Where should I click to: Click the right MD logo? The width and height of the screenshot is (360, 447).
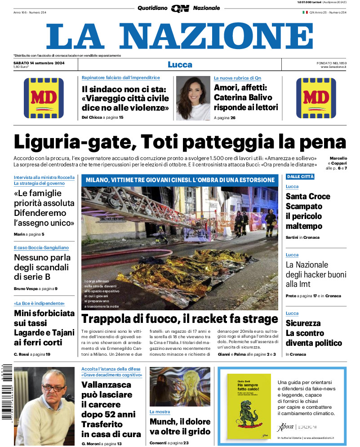click(x=316, y=98)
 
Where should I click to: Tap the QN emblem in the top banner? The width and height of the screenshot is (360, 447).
click(x=180, y=8)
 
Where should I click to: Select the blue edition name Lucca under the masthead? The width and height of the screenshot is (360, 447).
click(x=180, y=64)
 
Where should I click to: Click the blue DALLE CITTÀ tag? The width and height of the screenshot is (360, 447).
click(x=300, y=177)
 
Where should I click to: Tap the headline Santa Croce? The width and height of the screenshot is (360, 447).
click(x=308, y=196)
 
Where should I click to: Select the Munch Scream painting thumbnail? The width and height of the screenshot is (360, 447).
click(x=180, y=387)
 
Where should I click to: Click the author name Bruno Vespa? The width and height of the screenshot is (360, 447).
click(x=26, y=288)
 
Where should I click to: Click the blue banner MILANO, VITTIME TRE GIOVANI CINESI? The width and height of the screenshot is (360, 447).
click(x=180, y=180)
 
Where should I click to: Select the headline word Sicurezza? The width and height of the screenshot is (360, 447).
click(x=303, y=323)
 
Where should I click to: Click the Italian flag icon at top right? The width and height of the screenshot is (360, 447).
click(x=305, y=12)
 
